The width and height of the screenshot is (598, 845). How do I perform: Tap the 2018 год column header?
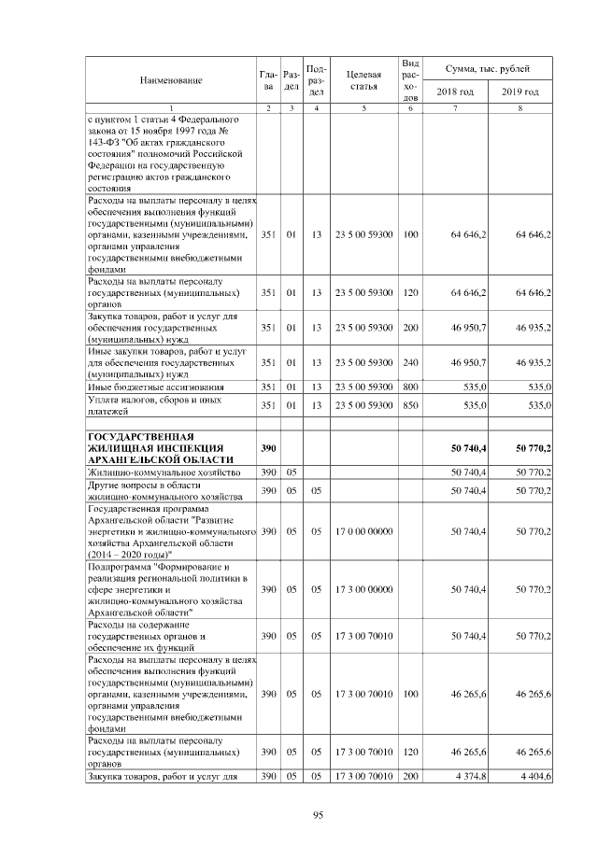(x=455, y=92)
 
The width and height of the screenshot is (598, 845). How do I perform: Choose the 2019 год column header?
(x=520, y=92)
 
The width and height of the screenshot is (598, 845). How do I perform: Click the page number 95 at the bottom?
(x=318, y=815)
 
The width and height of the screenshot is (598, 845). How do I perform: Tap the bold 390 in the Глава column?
(x=268, y=448)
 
